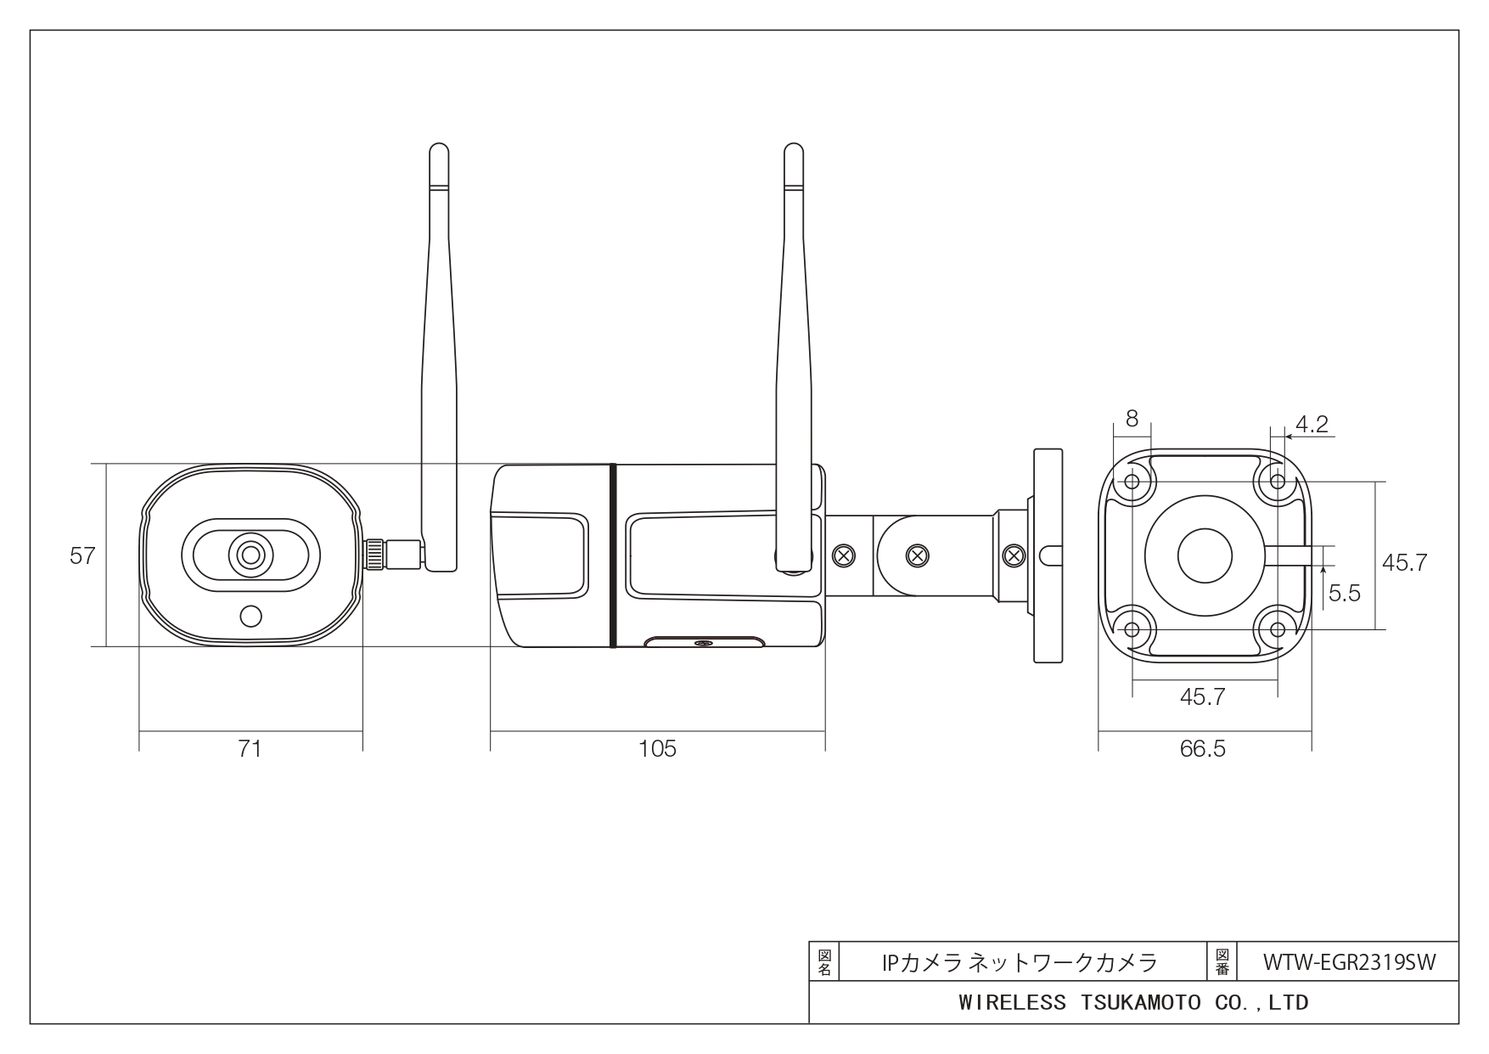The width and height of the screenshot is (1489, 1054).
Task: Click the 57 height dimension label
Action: pyautogui.click(x=82, y=556)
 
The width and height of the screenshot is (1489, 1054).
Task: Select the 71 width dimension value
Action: pyautogui.click(x=250, y=748)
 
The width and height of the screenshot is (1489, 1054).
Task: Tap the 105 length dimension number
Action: pyautogui.click(x=658, y=748)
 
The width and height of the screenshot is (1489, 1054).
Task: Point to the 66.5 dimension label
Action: pyautogui.click(x=1203, y=749)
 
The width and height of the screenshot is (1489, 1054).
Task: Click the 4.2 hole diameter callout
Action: pyautogui.click(x=1312, y=424)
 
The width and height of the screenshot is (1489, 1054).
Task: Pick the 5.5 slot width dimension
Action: pyautogui.click(x=1345, y=593)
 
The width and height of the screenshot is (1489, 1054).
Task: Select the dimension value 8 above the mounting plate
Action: pyautogui.click(x=1132, y=419)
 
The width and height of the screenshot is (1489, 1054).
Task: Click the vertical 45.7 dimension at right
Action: pyautogui.click(x=1405, y=562)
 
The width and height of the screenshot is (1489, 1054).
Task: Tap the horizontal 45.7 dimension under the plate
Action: pyautogui.click(x=1203, y=697)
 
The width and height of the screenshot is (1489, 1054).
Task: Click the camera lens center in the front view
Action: pyautogui.click(x=250, y=555)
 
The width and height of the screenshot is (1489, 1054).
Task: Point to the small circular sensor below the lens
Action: pyautogui.click(x=250, y=616)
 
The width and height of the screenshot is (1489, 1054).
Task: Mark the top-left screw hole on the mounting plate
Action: pyautogui.click(x=1132, y=482)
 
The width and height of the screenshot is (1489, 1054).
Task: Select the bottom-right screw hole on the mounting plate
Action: pyautogui.click(x=1278, y=629)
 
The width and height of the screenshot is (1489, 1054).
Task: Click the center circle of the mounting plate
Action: pyautogui.click(x=1205, y=555)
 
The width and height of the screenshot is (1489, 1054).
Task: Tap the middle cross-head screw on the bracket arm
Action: pyautogui.click(x=917, y=555)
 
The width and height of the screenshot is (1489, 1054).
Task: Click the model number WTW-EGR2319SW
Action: pyautogui.click(x=1349, y=962)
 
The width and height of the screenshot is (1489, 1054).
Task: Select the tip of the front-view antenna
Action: pyautogui.click(x=438, y=144)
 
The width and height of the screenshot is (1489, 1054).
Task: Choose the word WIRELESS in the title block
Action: pyautogui.click(x=1012, y=1003)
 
